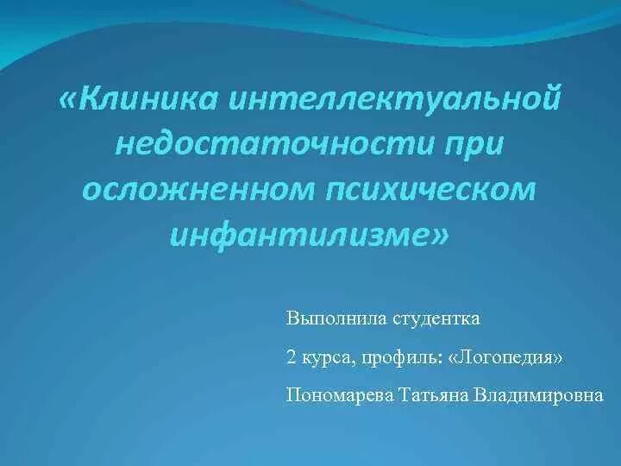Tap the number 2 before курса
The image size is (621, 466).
pyautogui.click(x=291, y=357)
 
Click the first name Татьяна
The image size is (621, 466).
pyautogui.click(x=431, y=394)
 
